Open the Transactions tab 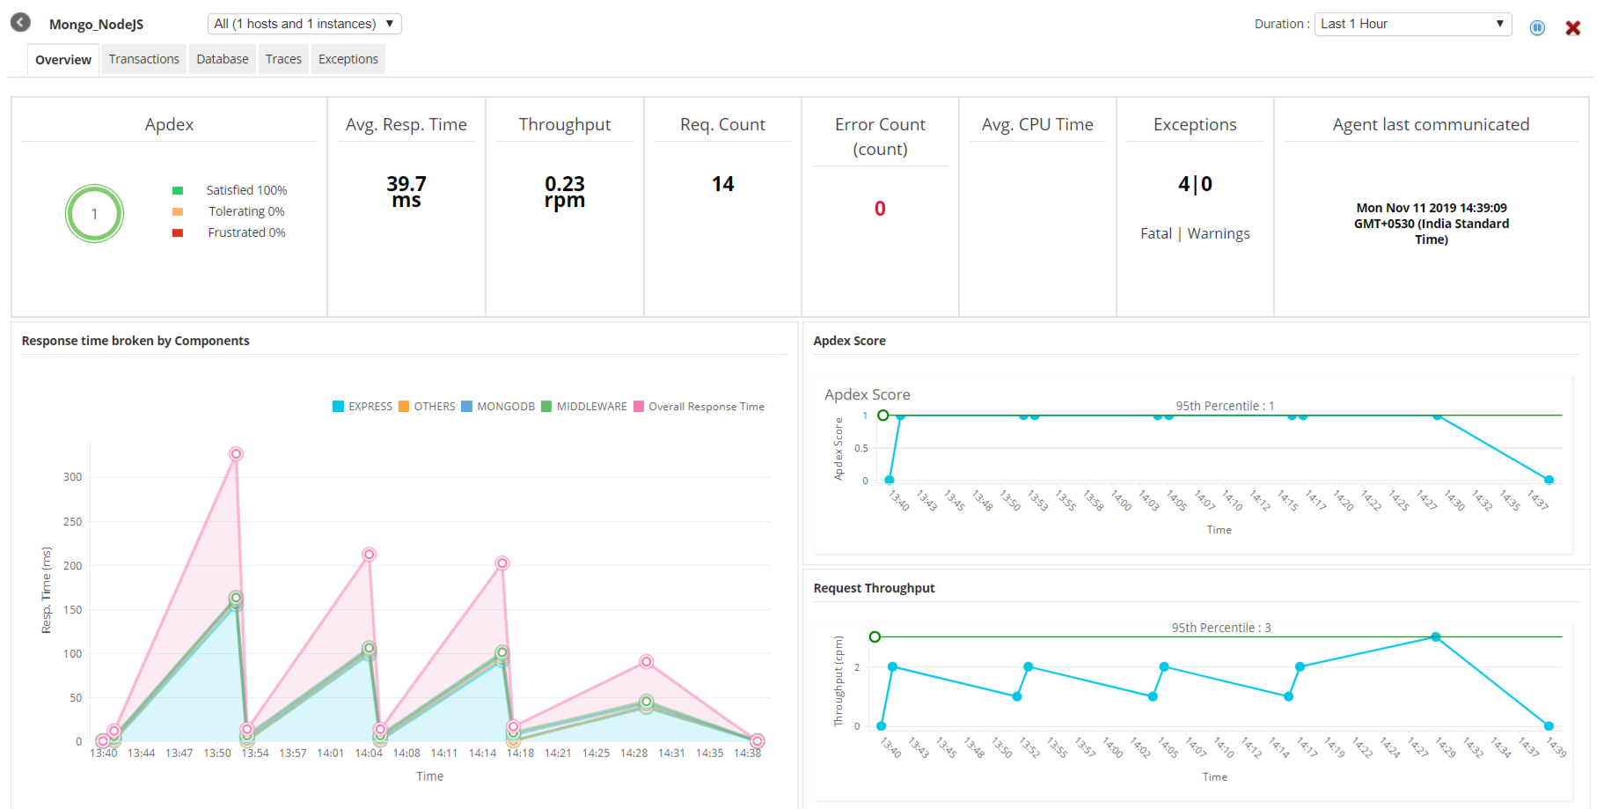pyautogui.click(x=143, y=59)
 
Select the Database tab pyautogui.click(x=222, y=59)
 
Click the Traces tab pyautogui.click(x=283, y=59)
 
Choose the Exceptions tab pyautogui.click(x=348, y=59)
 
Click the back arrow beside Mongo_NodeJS pyautogui.click(x=20, y=23)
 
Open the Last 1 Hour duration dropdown pyautogui.click(x=1412, y=24)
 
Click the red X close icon pyautogui.click(x=1572, y=28)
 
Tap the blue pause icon pyautogui.click(x=1537, y=28)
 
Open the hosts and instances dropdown pyautogui.click(x=304, y=24)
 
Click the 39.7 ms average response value pyautogui.click(x=406, y=191)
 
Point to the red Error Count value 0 pyautogui.click(x=880, y=209)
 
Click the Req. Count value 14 pyautogui.click(x=722, y=184)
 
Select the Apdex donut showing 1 pyautogui.click(x=94, y=214)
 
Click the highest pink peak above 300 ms pyautogui.click(x=236, y=454)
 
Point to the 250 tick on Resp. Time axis pyautogui.click(x=72, y=522)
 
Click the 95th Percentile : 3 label pyautogui.click(x=1220, y=628)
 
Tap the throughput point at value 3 pyautogui.click(x=1435, y=636)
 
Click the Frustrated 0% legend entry pyautogui.click(x=245, y=232)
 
